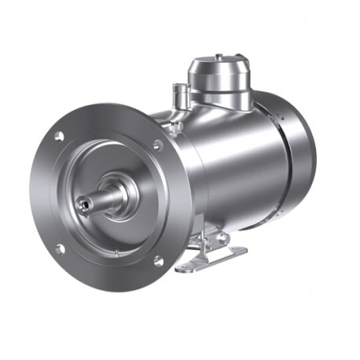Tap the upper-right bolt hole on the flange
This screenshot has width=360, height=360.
158,145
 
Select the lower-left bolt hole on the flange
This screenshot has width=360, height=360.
60,249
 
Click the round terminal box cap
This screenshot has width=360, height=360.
219,72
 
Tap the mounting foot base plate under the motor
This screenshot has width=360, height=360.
211,259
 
